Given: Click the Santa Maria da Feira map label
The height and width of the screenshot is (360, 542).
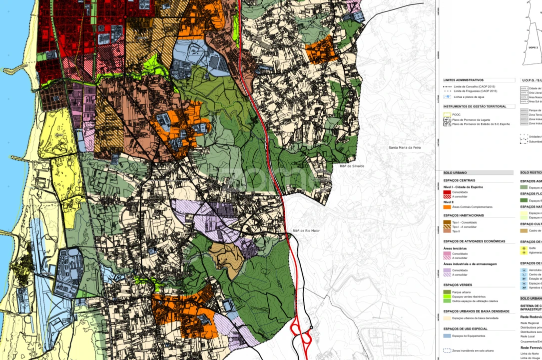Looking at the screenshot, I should (405, 147).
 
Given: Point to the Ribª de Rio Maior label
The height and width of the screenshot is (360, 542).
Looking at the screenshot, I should (306, 231).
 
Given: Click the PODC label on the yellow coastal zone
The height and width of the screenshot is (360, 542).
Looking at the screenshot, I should (60, 135).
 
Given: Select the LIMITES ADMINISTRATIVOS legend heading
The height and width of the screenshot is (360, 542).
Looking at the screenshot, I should (463, 80).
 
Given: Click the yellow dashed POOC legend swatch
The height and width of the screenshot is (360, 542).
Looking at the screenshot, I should (448, 114).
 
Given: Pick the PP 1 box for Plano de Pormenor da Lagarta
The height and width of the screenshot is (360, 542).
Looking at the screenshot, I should (448, 120).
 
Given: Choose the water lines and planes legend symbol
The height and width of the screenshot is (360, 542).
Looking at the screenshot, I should (448, 97).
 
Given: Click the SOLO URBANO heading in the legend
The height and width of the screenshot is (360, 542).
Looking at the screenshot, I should (455, 172).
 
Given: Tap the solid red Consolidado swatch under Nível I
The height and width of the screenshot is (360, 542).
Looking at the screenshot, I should (447, 192).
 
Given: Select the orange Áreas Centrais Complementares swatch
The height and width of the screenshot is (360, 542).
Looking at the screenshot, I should (447, 206).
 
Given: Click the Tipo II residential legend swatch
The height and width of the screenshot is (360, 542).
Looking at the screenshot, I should (447, 231).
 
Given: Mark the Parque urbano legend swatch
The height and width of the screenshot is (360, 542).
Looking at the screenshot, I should (447, 292).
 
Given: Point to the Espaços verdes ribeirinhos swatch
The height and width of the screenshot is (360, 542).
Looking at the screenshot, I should (447, 296).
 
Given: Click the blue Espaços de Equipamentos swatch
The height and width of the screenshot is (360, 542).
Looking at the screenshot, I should (447, 335).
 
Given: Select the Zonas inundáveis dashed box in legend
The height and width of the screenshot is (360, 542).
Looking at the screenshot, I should (447, 350).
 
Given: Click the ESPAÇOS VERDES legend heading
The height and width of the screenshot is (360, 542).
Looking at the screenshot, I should (458, 285).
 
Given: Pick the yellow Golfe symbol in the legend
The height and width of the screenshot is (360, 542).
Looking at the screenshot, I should (524, 248).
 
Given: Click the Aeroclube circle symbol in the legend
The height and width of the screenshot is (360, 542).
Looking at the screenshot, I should (524, 270).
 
